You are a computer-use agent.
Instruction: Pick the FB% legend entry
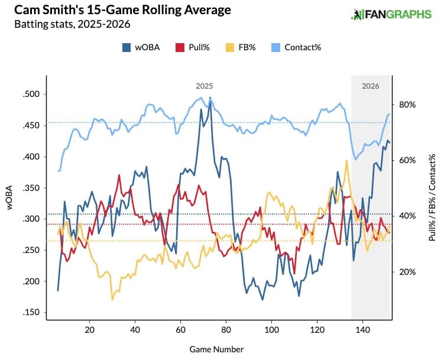[239, 47]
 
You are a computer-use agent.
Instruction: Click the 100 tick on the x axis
[271, 329]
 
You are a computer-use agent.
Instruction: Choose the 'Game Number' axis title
[216, 349]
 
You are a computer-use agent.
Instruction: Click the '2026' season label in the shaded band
[371, 86]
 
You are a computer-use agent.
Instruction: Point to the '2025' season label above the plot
[205, 86]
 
